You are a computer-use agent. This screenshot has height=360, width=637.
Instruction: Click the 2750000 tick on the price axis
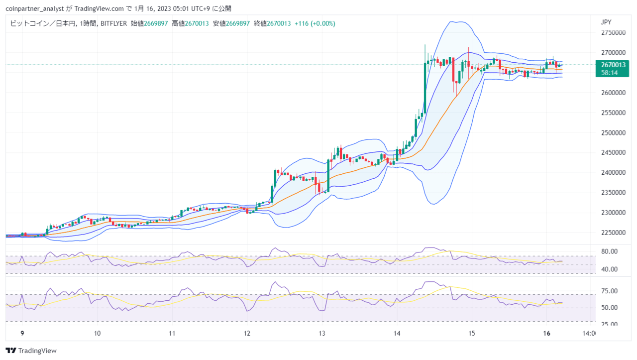pos(613,32)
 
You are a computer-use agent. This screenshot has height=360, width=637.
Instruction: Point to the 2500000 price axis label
pos(613,132)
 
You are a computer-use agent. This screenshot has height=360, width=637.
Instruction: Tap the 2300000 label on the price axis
pos(613,213)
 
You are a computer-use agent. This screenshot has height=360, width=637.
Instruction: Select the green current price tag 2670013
pos(613,65)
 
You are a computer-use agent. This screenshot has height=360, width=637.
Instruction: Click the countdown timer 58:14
pos(609,73)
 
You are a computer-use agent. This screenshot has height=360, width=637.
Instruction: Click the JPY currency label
pos(606,22)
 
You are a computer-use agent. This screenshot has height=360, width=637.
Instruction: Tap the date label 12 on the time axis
pos(247,333)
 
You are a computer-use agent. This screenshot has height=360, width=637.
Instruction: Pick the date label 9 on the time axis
pos(22,333)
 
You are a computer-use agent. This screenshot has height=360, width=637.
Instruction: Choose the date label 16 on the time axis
pos(546,333)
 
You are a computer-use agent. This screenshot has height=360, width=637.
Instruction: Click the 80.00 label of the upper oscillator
pos(609,251)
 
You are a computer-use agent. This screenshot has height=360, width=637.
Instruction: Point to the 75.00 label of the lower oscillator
pos(609,291)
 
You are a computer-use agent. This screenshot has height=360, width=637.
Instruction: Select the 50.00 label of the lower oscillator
pos(609,308)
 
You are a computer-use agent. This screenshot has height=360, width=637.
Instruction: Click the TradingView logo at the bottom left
pos(31,351)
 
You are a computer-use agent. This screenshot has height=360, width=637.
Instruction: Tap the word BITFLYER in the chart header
pos(114,23)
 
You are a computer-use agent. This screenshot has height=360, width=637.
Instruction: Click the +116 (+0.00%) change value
pos(315,23)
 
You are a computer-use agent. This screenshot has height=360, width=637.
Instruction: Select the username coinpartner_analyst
pos(35,9)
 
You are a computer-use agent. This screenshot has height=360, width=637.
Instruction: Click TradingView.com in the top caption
pos(99,9)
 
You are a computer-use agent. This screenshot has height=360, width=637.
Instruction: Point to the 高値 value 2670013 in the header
pos(197,23)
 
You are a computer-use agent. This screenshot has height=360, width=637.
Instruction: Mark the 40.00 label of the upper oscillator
pos(609,269)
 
